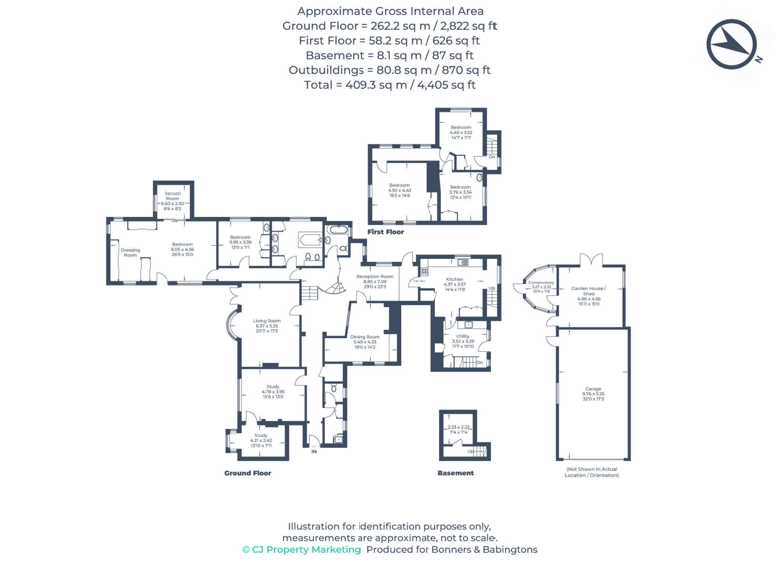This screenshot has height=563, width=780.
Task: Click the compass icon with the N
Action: pos(731,44)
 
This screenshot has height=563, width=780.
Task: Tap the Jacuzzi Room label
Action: pos(172,196)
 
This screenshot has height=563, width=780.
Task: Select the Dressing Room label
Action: pos(130,252)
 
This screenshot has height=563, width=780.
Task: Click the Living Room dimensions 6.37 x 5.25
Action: pos(267,326)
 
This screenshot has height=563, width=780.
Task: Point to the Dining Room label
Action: pos(365,337)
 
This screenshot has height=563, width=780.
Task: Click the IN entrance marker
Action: pos(314,452)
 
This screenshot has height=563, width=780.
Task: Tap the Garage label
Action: pos(593,389)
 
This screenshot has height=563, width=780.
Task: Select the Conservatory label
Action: pos(541,282)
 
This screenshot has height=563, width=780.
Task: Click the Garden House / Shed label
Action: pos(588,291)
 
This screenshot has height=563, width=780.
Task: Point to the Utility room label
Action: pos(463,336)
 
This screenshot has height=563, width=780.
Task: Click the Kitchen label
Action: pos(454,279)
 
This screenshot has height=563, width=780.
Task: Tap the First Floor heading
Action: pos(385,232)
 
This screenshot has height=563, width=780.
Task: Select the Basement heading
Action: pos(456,473)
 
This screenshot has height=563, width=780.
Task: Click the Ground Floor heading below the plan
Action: pos(248,473)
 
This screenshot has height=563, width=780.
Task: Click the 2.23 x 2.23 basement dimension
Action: pos(458,427)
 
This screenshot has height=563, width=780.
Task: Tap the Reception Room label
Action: pos(375,276)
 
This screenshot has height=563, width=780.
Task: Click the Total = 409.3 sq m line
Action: pos(390,85)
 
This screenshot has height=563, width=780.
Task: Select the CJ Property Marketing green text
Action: pos(302,549)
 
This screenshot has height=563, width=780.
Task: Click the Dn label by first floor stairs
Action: pos(492,157)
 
